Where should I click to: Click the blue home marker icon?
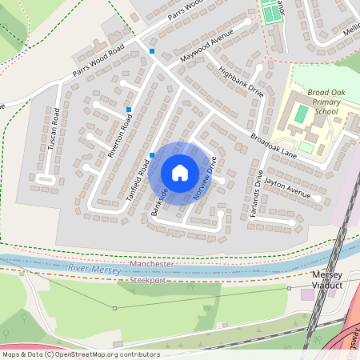pyautogui.click(x=180, y=172)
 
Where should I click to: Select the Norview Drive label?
pyautogui.click(x=205, y=178)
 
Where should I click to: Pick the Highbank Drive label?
pyautogui.click(x=241, y=80)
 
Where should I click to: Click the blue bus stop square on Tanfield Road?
pyautogui.click(x=151, y=155)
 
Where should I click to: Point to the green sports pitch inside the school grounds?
pyautogui.click(x=300, y=114)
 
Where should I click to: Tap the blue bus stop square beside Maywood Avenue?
pyautogui.click(x=152, y=52)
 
